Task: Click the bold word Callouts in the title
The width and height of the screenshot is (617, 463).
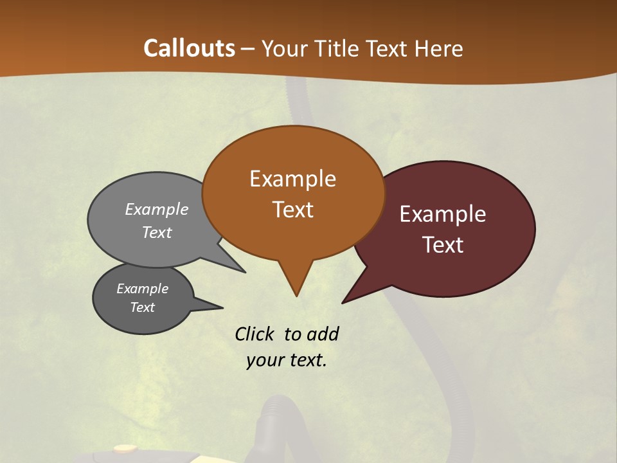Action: pyautogui.click(x=189, y=48)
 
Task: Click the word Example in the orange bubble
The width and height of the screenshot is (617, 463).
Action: pyautogui.click(x=292, y=179)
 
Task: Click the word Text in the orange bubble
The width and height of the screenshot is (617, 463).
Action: pyautogui.click(x=292, y=210)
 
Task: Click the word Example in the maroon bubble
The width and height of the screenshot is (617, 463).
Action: pyautogui.click(x=443, y=214)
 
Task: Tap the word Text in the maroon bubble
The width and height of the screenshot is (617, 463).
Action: pyautogui.click(x=443, y=245)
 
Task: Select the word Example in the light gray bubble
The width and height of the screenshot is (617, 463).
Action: pyautogui.click(x=157, y=209)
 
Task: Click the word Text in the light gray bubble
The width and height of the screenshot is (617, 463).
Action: pyautogui.click(x=157, y=232)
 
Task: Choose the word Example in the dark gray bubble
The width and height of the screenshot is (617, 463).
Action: pyautogui.click(x=142, y=289)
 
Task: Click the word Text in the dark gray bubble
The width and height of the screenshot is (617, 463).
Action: pyautogui.click(x=142, y=307)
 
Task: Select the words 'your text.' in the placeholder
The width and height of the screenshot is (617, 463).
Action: pyautogui.click(x=287, y=360)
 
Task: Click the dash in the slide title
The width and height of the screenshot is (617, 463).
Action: pyautogui.click(x=248, y=48)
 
